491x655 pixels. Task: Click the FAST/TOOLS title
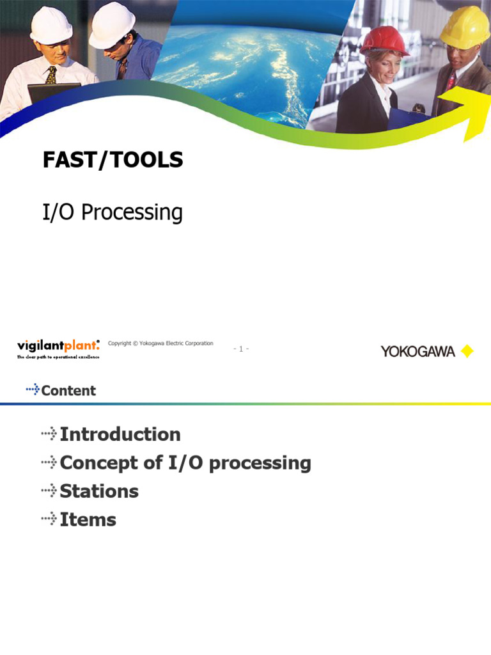tap(113, 161)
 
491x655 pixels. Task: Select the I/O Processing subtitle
tap(112, 212)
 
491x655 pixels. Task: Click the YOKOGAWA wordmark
tap(418, 351)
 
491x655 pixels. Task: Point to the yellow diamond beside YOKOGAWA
tap(467, 351)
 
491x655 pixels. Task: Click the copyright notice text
tap(160, 343)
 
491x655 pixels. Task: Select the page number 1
tap(241, 349)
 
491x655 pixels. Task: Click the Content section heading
tap(68, 390)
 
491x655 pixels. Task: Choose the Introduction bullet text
tap(120, 434)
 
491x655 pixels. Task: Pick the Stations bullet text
tap(98, 491)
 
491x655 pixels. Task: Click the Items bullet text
tap(88, 519)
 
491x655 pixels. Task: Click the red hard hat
tap(384, 40)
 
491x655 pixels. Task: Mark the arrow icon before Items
tap(49, 519)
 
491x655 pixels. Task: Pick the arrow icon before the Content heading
tap(32, 390)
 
